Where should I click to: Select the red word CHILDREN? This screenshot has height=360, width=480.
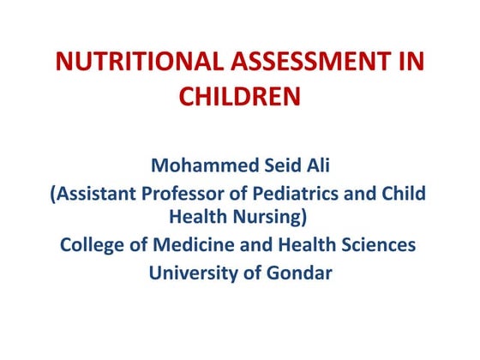[240, 97]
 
